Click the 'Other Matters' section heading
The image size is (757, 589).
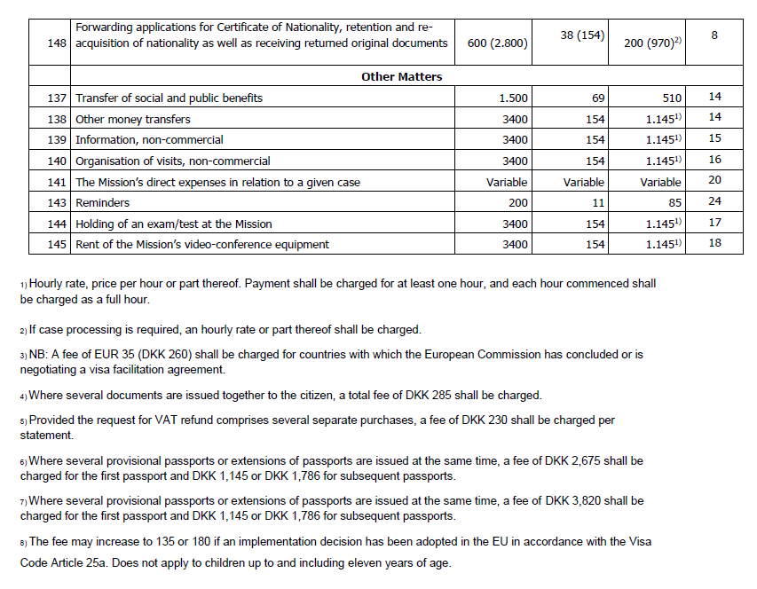click(x=401, y=76)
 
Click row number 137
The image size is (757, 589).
click(x=59, y=98)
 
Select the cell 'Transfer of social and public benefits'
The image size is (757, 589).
click(x=169, y=98)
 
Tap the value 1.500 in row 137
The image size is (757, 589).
click(x=513, y=98)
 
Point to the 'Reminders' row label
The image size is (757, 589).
click(x=102, y=203)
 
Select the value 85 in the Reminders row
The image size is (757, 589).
click(x=673, y=203)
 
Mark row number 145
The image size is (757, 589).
click(x=59, y=245)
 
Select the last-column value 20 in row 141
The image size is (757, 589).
click(x=714, y=180)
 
